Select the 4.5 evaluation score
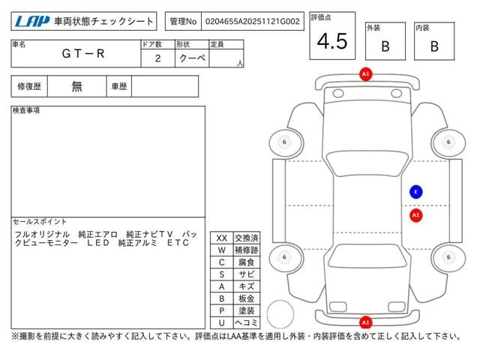click(332, 41)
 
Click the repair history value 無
click(77, 86)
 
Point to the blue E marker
click(415, 192)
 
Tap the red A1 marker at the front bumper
click(365, 75)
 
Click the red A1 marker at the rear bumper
click(365, 322)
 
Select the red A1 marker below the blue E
click(415, 215)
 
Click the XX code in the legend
click(221, 238)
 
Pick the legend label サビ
click(246, 274)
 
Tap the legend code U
click(221, 322)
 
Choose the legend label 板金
click(246, 298)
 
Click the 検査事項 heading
click(27, 111)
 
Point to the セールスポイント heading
click(40, 222)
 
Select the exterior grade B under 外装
click(385, 46)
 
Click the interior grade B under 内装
click(433, 46)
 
